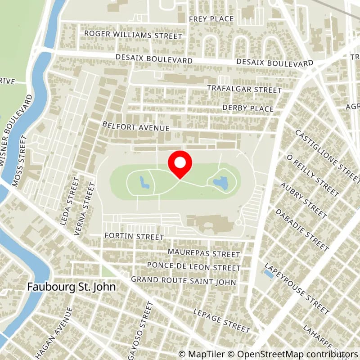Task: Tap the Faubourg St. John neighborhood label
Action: click(x=72, y=286)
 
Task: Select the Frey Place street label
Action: click(x=211, y=19)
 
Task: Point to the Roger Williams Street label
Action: click(x=133, y=35)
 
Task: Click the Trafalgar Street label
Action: click(x=244, y=90)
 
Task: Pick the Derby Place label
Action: click(x=248, y=108)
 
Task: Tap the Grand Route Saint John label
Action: click(x=183, y=281)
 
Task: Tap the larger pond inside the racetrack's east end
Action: click(x=220, y=183)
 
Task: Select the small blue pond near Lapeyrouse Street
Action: click(x=269, y=273)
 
